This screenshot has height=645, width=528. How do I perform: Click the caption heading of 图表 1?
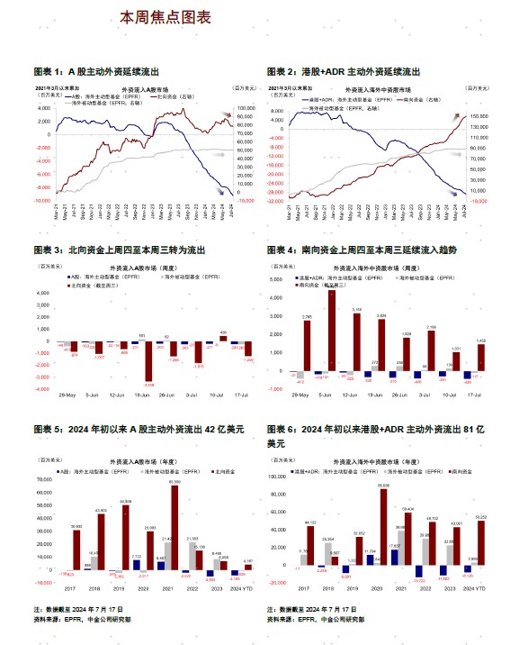click(x=116, y=71)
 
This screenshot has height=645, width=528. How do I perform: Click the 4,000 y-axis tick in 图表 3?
click(x=42, y=294)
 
